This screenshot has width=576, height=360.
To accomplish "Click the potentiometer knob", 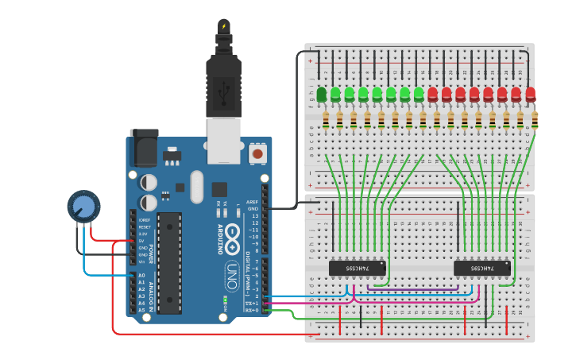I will pyautogui.click(x=83, y=207).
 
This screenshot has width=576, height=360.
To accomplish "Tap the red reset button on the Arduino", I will pyautogui.click(x=257, y=153).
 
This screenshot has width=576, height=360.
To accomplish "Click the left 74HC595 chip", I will pyautogui.click(x=357, y=269).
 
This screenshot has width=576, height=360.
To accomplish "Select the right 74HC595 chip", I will pyautogui.click(x=481, y=269).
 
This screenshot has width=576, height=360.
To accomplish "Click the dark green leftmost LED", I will pyautogui.click(x=322, y=95).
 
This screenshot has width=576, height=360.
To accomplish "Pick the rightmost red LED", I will pyautogui.click(x=530, y=95).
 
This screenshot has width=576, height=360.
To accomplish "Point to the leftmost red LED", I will pyautogui.click(x=433, y=95).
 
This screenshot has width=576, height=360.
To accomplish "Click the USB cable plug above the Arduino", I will pyautogui.click(x=223, y=79).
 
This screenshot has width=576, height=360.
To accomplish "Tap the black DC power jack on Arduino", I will pyautogui.click(x=144, y=149).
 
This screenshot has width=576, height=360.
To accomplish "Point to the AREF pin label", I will pyautogui.click(x=253, y=202).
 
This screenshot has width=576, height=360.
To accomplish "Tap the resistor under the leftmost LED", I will pyautogui.click(x=326, y=120).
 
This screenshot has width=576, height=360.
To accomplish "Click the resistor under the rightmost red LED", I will pyautogui.click(x=535, y=120).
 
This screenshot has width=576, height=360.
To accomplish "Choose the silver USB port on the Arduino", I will pyautogui.click(x=224, y=141).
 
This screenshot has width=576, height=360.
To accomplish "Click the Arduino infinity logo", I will pyautogui.click(x=232, y=234).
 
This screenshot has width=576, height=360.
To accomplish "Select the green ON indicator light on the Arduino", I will pyautogui.click(x=226, y=300).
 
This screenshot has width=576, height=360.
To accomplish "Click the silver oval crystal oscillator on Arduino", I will pyautogui.click(x=196, y=188).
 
